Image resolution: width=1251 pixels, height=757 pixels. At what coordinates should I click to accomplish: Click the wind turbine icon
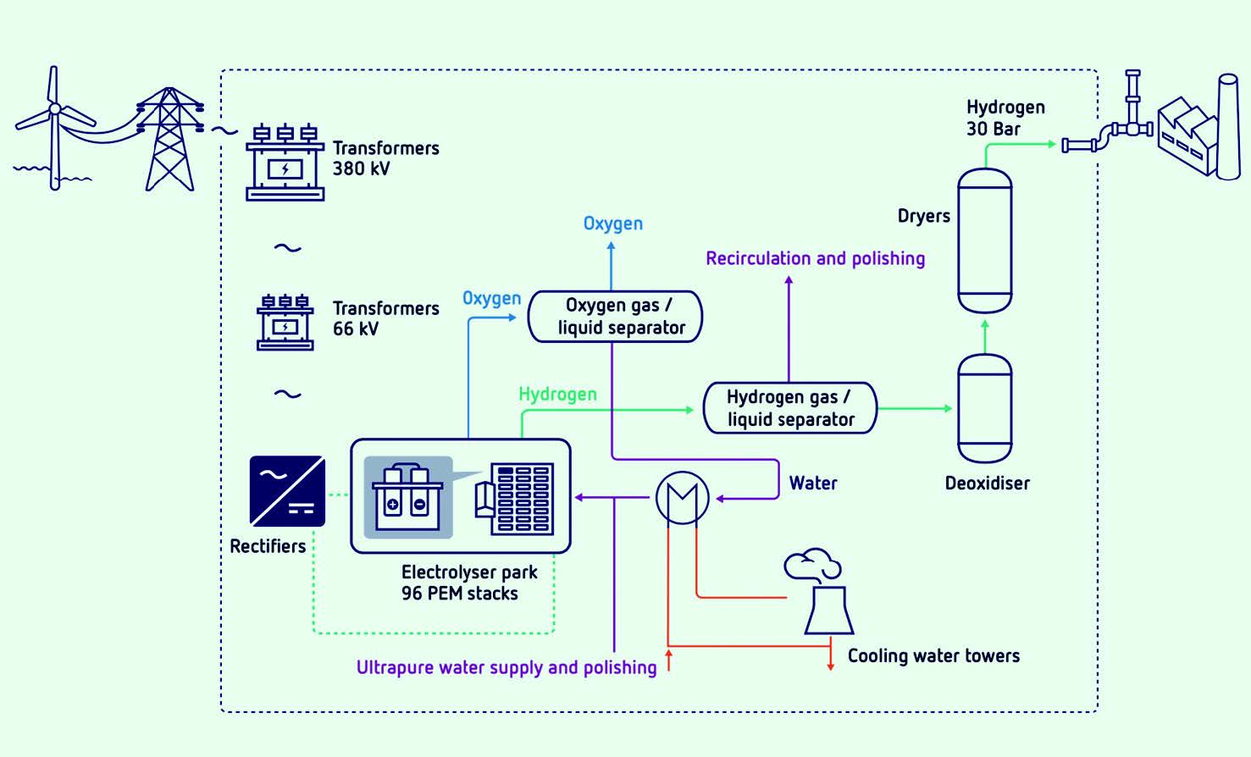(54, 127)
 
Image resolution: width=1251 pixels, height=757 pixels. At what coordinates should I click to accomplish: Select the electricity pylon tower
(170, 140)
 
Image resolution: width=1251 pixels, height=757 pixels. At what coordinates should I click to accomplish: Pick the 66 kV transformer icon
(285, 323)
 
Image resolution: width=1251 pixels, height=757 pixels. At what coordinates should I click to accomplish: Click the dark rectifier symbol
(287, 491)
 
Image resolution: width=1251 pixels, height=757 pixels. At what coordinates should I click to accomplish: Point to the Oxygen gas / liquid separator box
(615, 317)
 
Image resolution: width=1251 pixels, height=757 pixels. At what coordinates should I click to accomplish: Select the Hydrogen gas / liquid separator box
(790, 408)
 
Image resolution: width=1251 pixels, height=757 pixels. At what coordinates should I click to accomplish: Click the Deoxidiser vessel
(984, 408)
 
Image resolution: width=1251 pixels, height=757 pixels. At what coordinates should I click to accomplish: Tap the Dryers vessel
(984, 240)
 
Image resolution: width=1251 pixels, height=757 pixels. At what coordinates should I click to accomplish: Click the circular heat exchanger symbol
(682, 498)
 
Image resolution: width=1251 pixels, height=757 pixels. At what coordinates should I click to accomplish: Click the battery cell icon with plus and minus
(407, 499)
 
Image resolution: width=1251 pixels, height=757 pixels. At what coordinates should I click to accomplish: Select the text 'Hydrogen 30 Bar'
(1005, 118)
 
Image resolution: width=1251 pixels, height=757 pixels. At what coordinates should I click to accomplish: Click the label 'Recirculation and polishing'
(815, 258)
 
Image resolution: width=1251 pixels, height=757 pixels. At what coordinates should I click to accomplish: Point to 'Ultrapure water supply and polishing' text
(506, 667)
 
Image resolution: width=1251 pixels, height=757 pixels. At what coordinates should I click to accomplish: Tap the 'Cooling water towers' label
(933, 655)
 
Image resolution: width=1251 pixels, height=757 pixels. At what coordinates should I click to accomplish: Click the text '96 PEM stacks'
(459, 594)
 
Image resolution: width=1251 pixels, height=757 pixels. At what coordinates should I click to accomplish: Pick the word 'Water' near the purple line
(813, 483)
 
